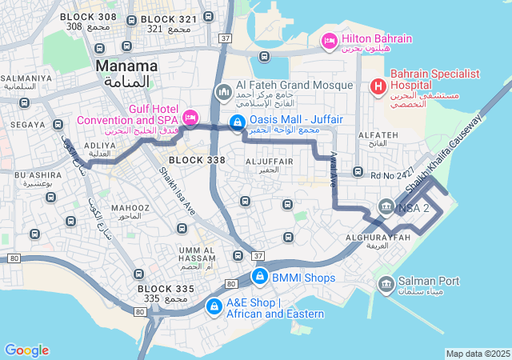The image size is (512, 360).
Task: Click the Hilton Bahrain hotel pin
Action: tap(329, 40)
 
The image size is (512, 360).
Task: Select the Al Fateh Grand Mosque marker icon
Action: tap(223, 93)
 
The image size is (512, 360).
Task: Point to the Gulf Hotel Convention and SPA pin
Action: tap(190, 118)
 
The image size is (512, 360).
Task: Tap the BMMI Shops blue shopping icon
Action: tap(259, 277)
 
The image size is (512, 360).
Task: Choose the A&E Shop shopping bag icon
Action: tap(214, 306)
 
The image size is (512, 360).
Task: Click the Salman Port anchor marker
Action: tap(386, 282)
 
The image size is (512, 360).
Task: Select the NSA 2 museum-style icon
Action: tap(386, 207)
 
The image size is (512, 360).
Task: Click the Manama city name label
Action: tap(126, 66)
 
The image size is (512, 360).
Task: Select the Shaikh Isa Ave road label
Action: tap(177, 189)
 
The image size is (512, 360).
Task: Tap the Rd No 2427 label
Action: tap(393, 174)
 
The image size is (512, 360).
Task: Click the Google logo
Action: tap(26, 350)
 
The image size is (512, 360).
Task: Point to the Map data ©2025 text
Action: tap(477, 354)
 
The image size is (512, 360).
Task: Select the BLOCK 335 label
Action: tap(166, 288)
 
